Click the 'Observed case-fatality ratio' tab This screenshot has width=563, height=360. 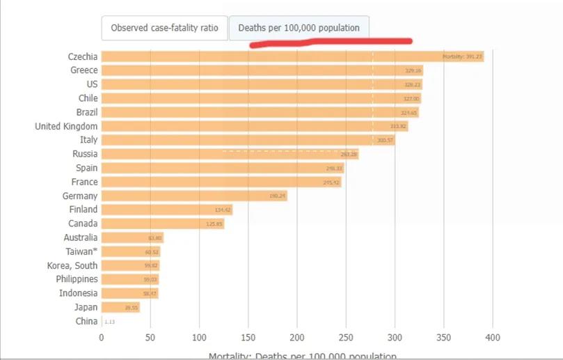(x=164, y=28)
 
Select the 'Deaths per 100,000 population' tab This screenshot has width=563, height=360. (x=299, y=28)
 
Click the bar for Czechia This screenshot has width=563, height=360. (x=292, y=56)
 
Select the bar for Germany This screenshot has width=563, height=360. (x=194, y=196)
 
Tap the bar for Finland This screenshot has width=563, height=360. (x=167, y=210)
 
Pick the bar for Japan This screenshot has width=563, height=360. (x=120, y=307)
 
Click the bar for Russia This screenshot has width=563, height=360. (x=230, y=155)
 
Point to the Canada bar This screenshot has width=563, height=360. (x=163, y=224)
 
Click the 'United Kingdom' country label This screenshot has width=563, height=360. (x=66, y=126)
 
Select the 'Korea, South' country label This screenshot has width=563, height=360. (x=72, y=265)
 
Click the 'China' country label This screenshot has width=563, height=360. (x=86, y=321)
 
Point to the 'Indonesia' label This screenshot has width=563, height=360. (x=78, y=293)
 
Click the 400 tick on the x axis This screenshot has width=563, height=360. (x=493, y=338)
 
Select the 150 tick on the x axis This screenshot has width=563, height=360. (x=248, y=338)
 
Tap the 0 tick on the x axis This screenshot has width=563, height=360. (x=102, y=338)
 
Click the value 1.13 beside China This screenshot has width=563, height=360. (x=109, y=322)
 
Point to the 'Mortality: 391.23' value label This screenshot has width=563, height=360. (x=462, y=56)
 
